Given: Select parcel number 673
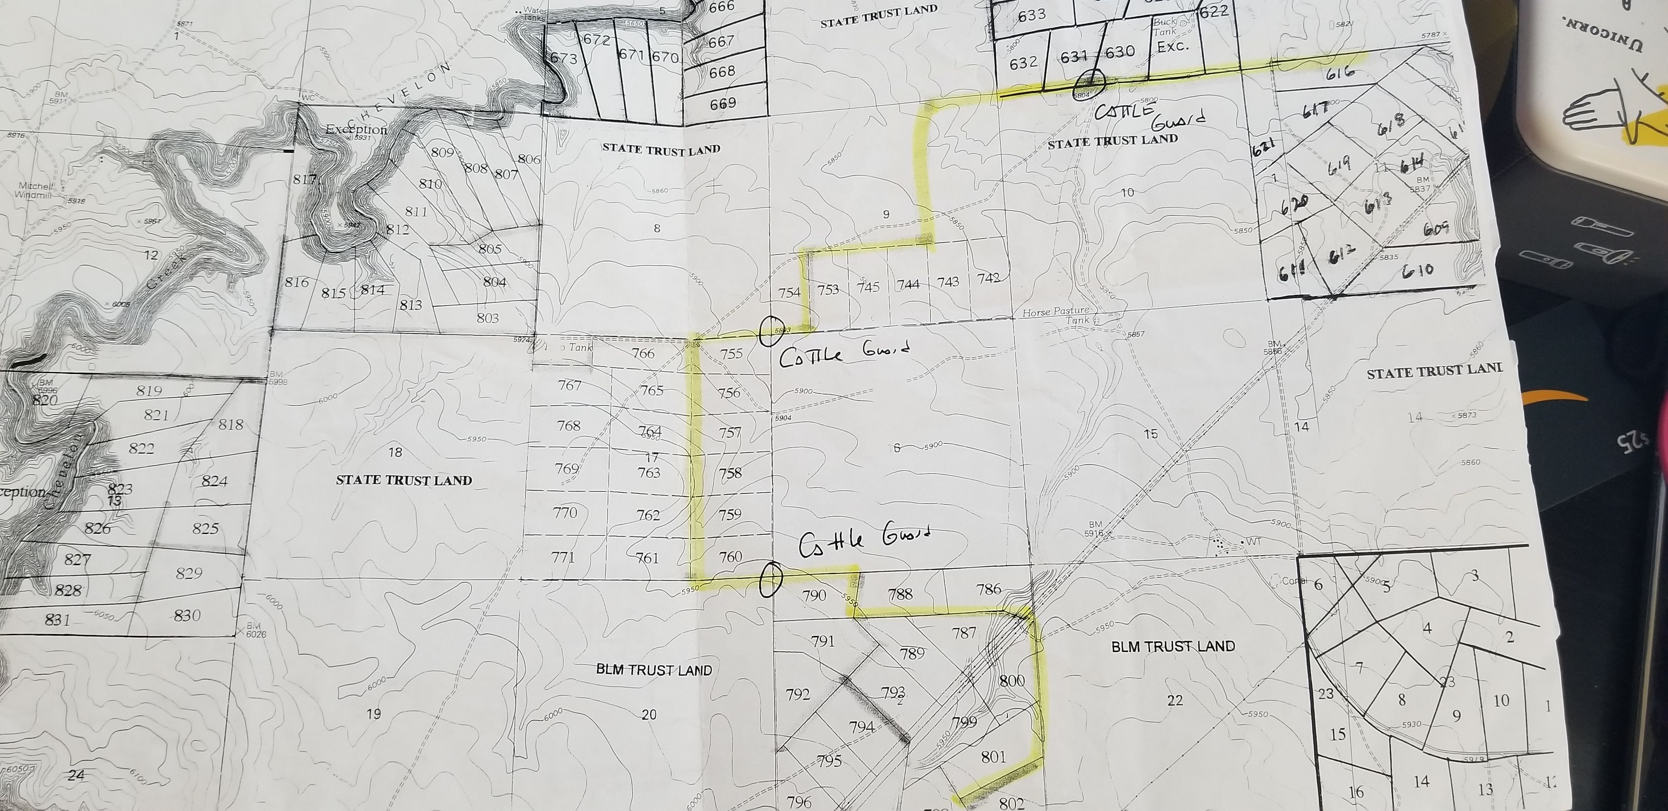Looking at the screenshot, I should (563, 59).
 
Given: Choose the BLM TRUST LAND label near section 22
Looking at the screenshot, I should (1173, 646).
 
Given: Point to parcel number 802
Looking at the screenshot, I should (1011, 803).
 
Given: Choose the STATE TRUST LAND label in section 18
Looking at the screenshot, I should (403, 480).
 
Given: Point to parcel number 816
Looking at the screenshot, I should (297, 283).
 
